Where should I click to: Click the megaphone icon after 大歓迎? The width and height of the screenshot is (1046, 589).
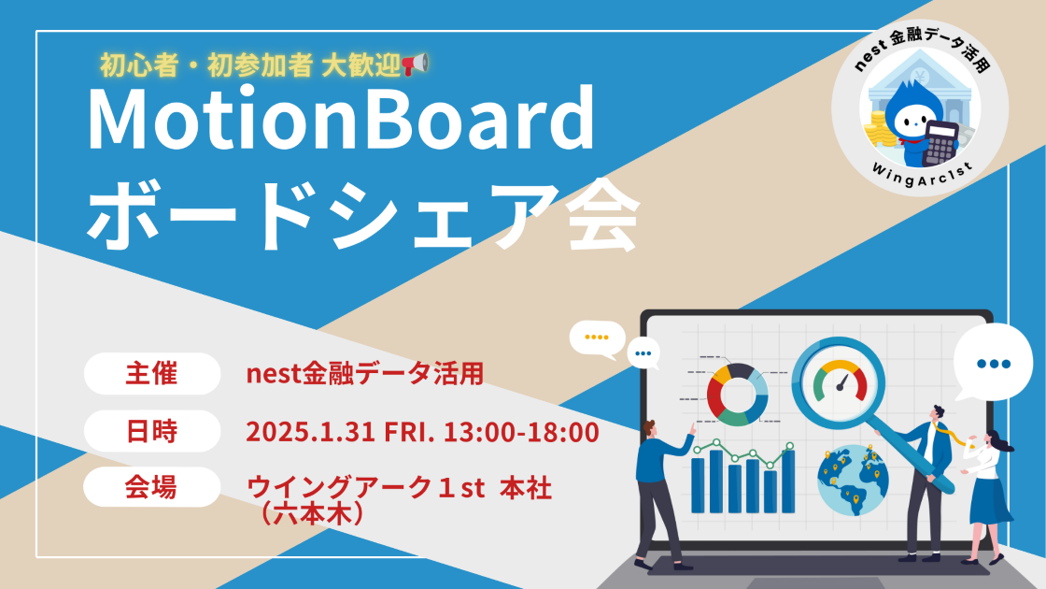click(x=415, y=64)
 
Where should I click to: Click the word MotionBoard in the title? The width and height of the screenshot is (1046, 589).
click(x=340, y=120)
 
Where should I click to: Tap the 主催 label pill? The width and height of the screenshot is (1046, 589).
click(x=151, y=374)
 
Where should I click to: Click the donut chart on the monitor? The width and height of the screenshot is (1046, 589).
click(x=737, y=394)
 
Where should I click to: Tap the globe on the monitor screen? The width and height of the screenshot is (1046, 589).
click(x=853, y=480)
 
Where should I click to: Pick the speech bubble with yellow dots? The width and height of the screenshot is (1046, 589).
click(x=597, y=338)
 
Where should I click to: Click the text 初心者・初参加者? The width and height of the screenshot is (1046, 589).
click(x=206, y=65)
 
